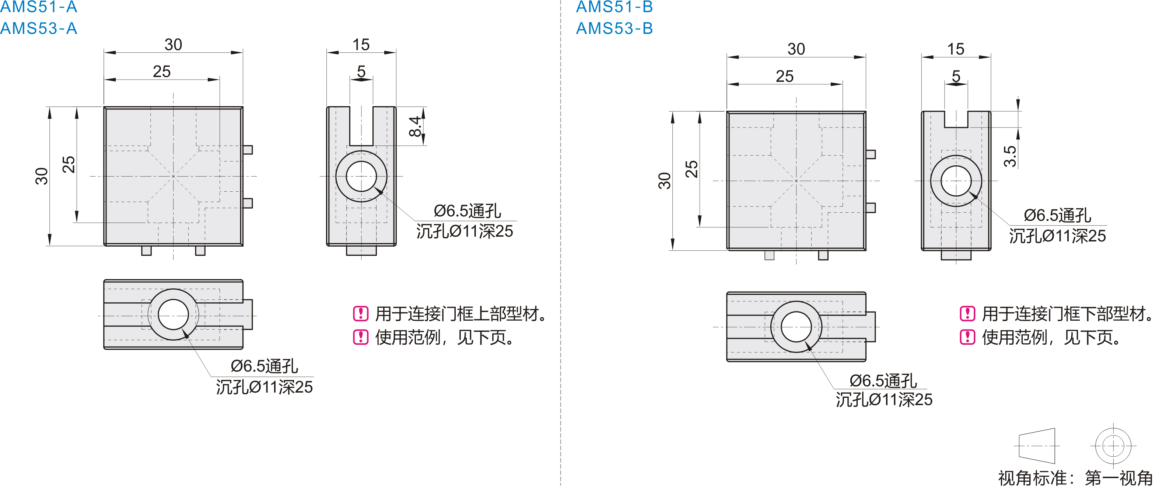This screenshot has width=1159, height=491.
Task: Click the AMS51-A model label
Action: click(39, 7)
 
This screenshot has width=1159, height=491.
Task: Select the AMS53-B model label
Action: click(614, 28)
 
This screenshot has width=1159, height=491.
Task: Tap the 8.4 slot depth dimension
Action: click(415, 126)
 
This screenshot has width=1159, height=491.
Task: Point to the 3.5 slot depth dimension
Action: click(1010, 156)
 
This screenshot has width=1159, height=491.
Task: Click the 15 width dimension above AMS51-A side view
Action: click(361, 45)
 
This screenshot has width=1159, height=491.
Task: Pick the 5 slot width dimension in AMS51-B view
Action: click(956, 76)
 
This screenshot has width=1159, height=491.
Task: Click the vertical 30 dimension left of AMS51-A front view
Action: click(41, 176)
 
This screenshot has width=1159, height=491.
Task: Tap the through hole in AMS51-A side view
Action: click(361, 177)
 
